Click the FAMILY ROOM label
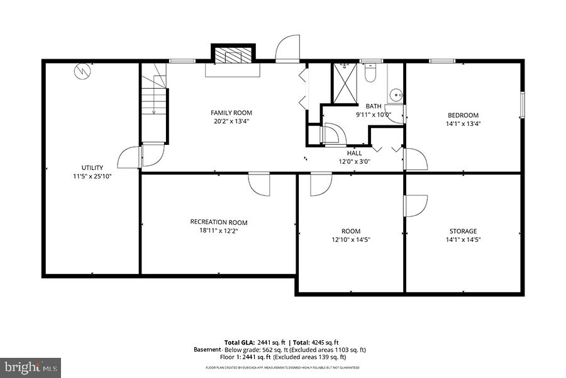click(x=231, y=113)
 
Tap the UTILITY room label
click(x=92, y=168)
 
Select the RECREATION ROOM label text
click(x=219, y=222)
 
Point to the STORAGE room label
click(x=463, y=231)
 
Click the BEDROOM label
click(x=463, y=115)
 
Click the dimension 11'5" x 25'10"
click(x=92, y=176)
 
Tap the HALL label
click(x=355, y=152)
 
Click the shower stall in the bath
click(x=344, y=82)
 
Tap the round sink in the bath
click(x=395, y=96)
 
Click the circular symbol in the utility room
click(x=81, y=72)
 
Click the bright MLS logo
click(x=31, y=366)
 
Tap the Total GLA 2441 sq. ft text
click(x=250, y=342)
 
